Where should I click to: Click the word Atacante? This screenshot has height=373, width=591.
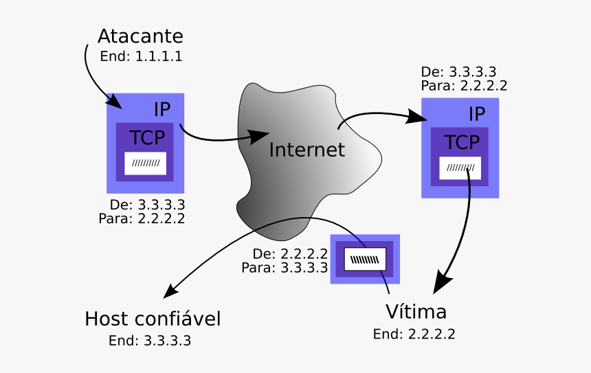click(140, 36)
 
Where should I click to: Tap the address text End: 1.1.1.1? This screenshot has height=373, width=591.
click(141, 56)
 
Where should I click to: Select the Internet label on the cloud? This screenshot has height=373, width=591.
click(306, 150)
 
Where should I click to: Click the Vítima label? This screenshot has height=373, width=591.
click(416, 312)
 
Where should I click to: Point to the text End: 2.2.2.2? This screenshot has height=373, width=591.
click(414, 335)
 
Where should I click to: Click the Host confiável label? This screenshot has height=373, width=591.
click(153, 319)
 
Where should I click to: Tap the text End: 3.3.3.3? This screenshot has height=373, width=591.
click(150, 341)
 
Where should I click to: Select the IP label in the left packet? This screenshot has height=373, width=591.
click(162, 109)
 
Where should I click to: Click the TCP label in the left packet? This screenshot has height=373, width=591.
click(148, 137)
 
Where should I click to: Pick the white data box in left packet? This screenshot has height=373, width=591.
click(145, 163)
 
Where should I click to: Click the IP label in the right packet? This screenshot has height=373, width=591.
click(477, 114)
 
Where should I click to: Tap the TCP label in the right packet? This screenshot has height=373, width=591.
click(461, 142)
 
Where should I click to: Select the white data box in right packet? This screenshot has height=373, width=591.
click(460, 168)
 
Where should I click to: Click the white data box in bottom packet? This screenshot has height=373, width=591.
click(365, 259)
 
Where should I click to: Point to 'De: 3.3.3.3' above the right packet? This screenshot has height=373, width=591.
click(458, 72)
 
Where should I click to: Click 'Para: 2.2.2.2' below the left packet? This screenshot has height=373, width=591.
click(142, 218)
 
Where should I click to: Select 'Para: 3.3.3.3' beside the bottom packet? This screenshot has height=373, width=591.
click(285, 267)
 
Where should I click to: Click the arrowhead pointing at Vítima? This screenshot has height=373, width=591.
click(442, 282)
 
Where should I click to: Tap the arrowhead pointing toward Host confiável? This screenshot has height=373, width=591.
click(170, 290)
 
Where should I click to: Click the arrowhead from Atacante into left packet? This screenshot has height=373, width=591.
click(114, 102)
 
